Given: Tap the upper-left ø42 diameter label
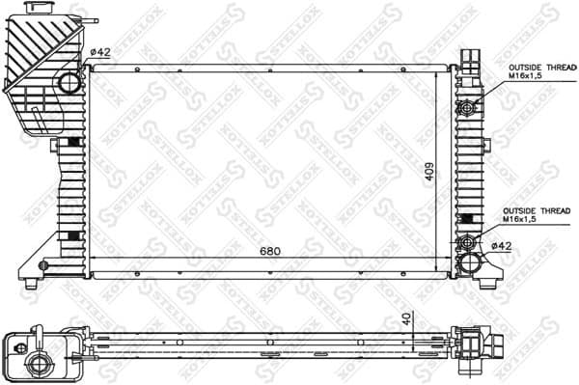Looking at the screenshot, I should pos(100,53).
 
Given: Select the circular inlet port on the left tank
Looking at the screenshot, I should pos(69,84).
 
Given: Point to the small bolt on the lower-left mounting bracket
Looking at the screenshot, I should pos(43,262).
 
